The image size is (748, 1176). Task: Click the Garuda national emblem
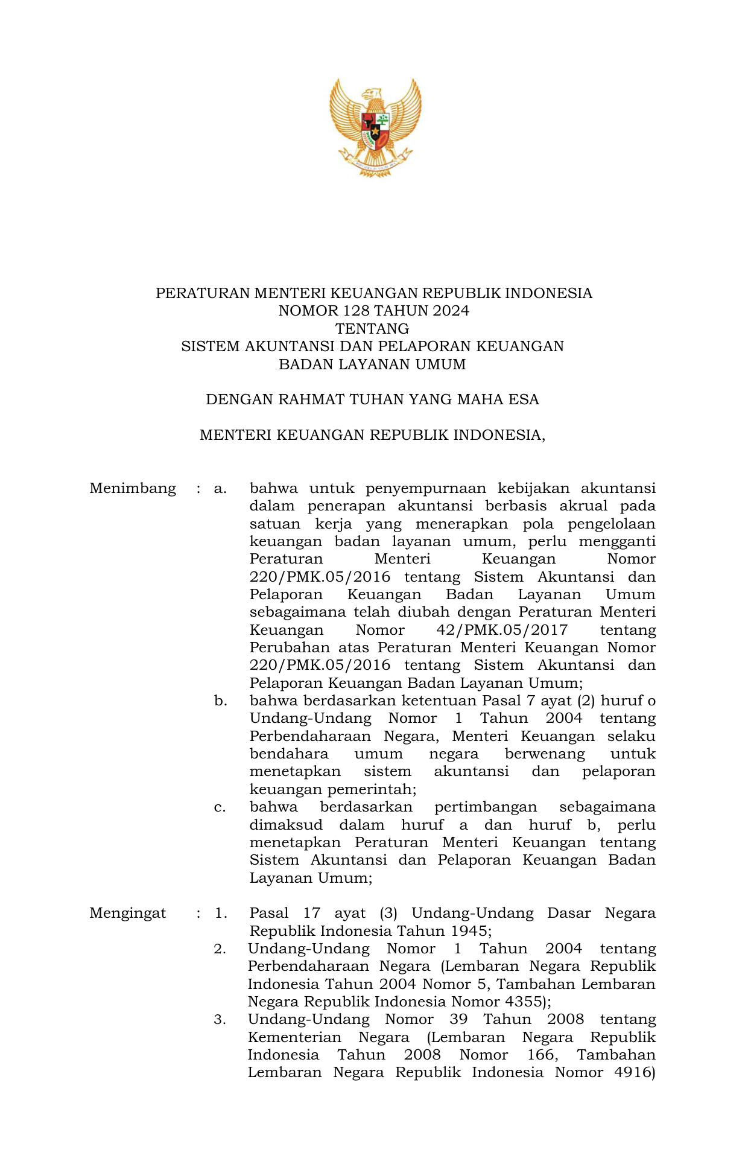[x=375, y=127]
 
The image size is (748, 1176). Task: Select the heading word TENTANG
[x=372, y=329]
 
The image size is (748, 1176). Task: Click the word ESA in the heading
[x=524, y=399]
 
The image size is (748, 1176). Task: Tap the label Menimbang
[x=133, y=488]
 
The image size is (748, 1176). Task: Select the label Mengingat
[x=128, y=913]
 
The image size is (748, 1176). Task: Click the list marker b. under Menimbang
[x=220, y=701]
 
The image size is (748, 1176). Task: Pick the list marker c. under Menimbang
[x=220, y=807]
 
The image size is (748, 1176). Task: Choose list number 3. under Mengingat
[x=220, y=1020]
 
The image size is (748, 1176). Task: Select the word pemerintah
[x=378, y=789]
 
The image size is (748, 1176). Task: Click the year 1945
[x=468, y=931]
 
